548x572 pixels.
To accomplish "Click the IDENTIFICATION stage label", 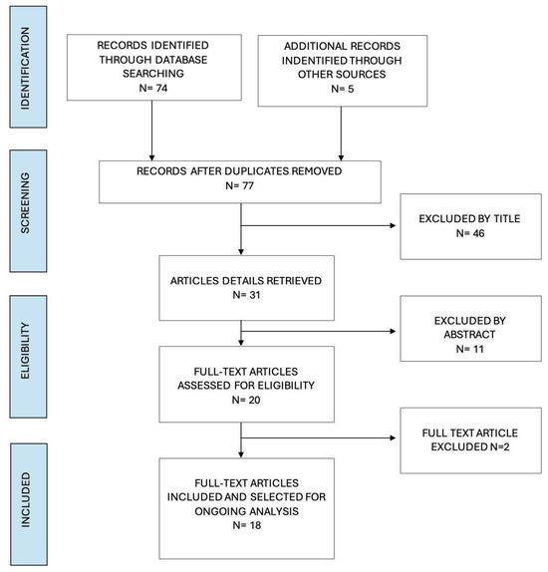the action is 25,68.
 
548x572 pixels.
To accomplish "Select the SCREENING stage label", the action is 25,203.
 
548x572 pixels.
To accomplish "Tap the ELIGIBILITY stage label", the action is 25,351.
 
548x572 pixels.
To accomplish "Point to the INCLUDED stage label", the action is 25,500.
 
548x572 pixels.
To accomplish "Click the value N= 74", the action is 153,88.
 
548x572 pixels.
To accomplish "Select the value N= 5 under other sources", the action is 342,89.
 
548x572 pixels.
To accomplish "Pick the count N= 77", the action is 239,185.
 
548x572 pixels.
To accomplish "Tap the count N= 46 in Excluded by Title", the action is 470,233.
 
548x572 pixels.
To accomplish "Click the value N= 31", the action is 246,295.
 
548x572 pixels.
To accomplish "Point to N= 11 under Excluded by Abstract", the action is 470,349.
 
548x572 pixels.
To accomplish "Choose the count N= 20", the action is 246,400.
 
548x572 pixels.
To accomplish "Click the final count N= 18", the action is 247,525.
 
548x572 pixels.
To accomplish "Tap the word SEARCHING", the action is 153,74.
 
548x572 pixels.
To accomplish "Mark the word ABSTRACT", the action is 469,335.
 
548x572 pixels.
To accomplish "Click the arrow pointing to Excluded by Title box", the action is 319,225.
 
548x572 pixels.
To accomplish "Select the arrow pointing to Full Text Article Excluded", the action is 319,437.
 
